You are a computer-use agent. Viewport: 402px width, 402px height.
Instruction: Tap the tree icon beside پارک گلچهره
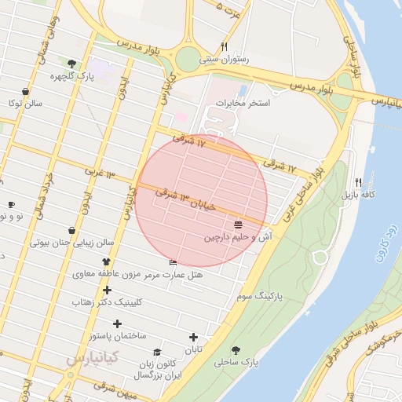(72, 64)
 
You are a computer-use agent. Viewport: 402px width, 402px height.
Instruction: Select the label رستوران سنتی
(225, 58)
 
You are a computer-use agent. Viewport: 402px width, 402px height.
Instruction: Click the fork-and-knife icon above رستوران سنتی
(225, 46)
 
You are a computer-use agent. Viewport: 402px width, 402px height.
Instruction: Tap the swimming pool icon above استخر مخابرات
(242, 90)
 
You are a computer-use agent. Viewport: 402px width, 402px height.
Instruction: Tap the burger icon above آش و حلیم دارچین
(238, 225)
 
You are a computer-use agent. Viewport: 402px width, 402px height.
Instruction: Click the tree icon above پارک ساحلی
(236, 350)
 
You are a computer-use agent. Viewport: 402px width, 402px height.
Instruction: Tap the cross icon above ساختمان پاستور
(118, 323)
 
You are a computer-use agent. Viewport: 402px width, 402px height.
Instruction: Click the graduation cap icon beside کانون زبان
(157, 353)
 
